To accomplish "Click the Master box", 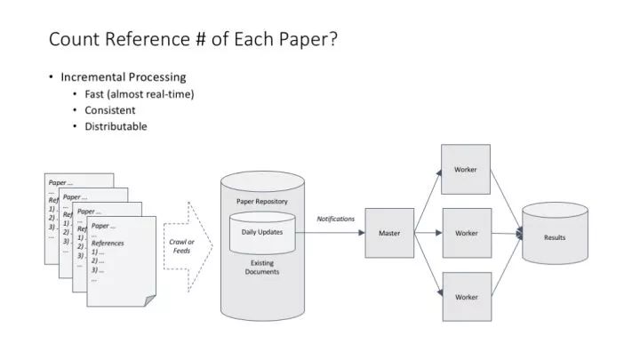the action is coord(389,233).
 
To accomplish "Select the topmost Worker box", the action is coord(466,170).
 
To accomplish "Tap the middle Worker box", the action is coord(467,233).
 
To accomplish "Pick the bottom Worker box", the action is coord(467,297).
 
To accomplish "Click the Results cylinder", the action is coord(555,233).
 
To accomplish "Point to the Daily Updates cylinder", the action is coord(262,233).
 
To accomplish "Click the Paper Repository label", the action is coord(262,201).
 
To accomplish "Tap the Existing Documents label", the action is coord(262,268).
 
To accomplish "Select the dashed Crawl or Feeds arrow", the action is coord(188,246).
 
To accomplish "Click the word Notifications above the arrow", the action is coord(335,219).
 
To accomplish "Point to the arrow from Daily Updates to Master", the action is coord(330,233).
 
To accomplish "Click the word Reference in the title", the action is coord(148,39).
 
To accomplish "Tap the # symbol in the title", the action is coord(200,39).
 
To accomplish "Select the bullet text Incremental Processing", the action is coord(124,76).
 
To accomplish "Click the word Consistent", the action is coord(110,110).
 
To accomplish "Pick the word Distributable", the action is coord(116,126).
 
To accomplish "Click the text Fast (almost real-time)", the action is coord(140,94).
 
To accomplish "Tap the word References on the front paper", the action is coord(108,244).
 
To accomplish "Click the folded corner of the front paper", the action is coord(149,300).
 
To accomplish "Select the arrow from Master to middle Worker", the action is coord(428,233).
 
